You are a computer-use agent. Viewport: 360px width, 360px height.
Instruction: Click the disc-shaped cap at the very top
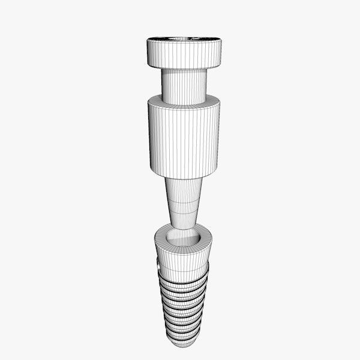pyautogui.click(x=184, y=53)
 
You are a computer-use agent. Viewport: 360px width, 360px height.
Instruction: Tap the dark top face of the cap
pyautogui.click(x=184, y=40)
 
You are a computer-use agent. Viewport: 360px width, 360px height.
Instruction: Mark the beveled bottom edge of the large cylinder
pyautogui.click(x=184, y=173)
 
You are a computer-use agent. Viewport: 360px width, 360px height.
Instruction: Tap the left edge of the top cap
pyautogui.click(x=148, y=53)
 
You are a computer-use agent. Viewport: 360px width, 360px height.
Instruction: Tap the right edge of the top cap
pyautogui.click(x=221, y=52)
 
